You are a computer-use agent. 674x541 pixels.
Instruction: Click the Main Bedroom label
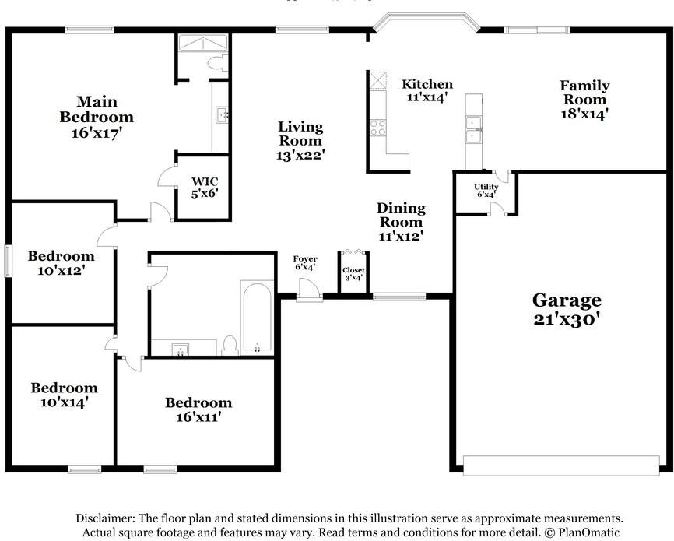click(x=97, y=109)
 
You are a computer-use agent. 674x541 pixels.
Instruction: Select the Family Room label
click(x=584, y=93)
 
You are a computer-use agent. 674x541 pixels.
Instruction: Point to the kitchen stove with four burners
click(x=378, y=127)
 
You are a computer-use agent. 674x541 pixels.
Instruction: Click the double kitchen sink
click(x=473, y=130)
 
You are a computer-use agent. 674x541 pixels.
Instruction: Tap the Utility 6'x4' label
click(x=486, y=191)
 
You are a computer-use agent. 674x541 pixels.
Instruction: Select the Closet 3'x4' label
click(x=353, y=274)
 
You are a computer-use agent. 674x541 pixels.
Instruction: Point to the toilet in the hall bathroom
click(x=230, y=345)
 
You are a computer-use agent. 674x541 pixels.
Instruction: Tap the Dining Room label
click(x=401, y=215)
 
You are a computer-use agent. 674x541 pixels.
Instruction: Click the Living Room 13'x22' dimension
click(x=300, y=155)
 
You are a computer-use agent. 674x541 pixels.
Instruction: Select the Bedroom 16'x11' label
click(x=198, y=409)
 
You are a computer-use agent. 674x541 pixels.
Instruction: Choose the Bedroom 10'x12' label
click(x=61, y=263)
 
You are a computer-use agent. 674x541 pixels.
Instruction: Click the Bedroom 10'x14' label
click(x=64, y=395)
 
